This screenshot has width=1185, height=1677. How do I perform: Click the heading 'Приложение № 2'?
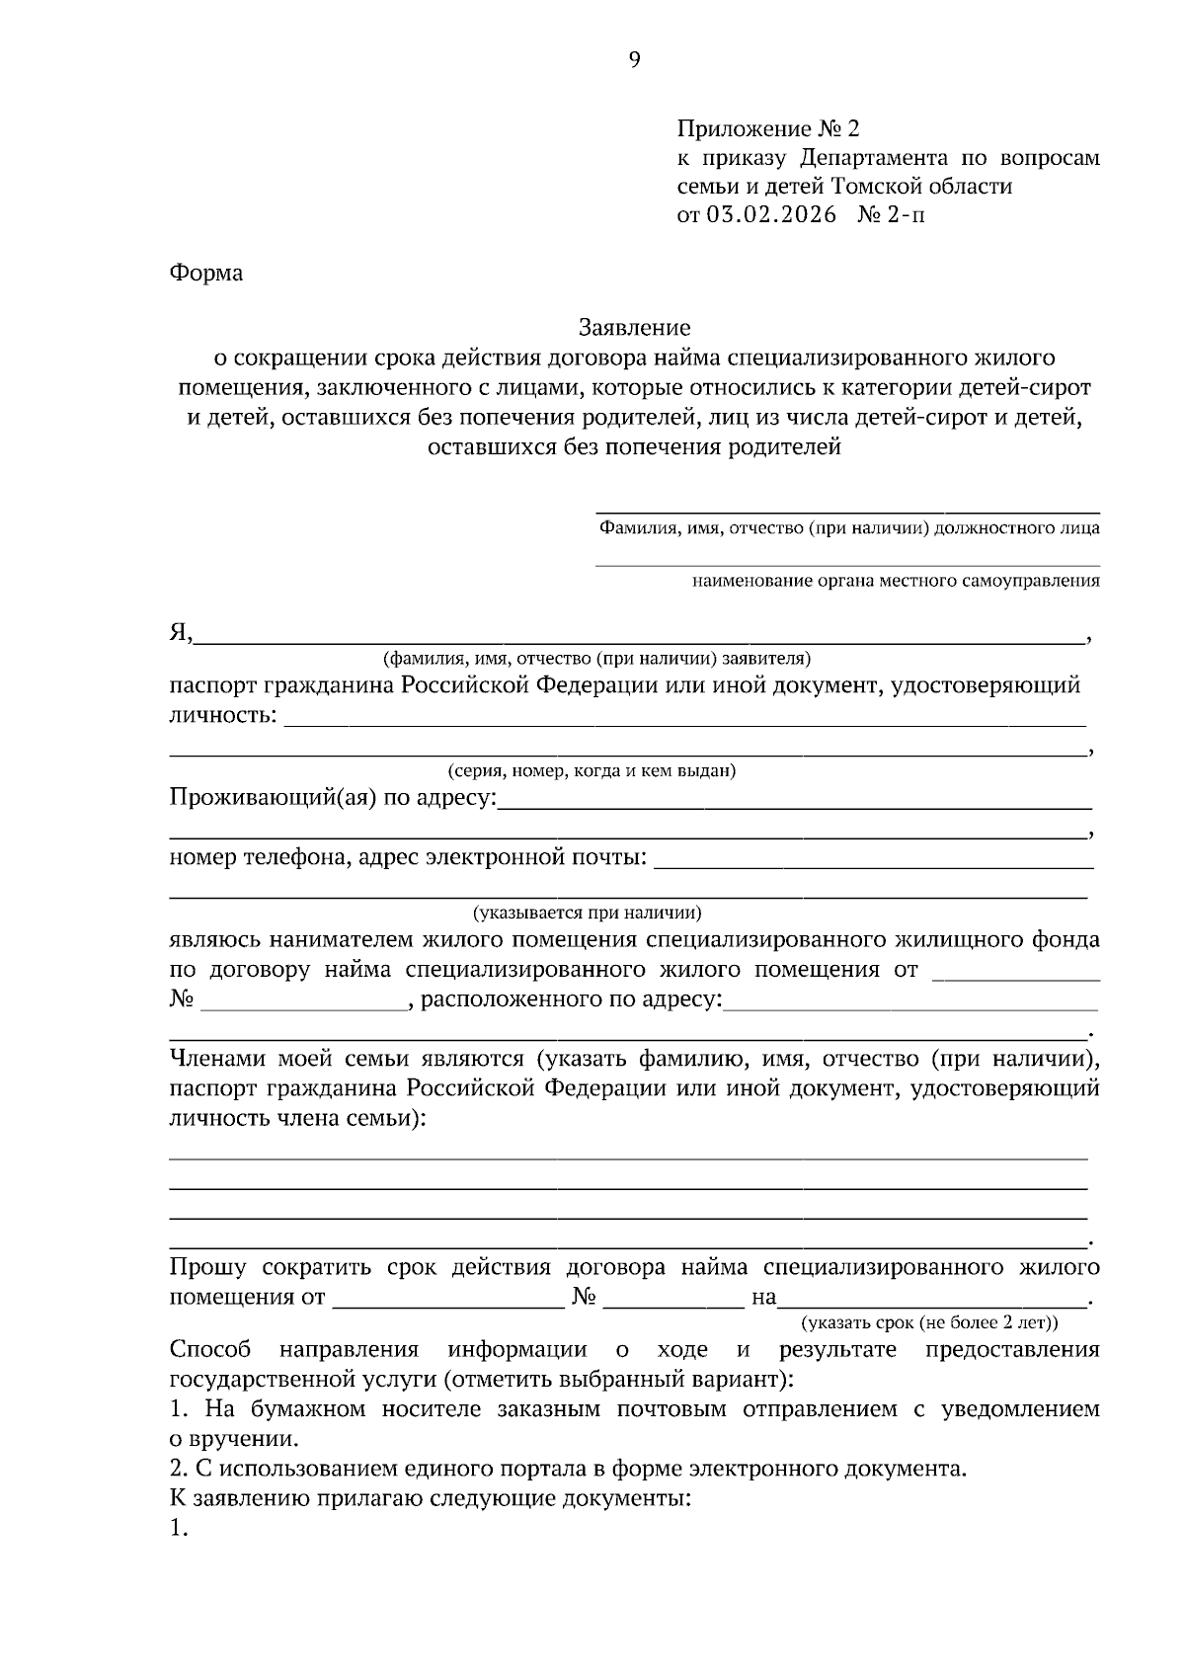tap(768, 129)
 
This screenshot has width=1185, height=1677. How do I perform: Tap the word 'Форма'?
tap(205, 274)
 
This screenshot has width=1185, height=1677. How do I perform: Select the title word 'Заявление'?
tap(634, 327)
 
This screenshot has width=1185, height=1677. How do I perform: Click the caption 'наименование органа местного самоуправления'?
tap(896, 581)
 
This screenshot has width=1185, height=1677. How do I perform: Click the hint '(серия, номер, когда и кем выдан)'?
tap(591, 770)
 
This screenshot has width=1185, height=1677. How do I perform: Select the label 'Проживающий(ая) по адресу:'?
tap(333, 797)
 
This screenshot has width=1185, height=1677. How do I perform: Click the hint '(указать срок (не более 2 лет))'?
tap(929, 1321)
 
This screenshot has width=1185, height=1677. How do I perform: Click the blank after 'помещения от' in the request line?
tap(447, 1298)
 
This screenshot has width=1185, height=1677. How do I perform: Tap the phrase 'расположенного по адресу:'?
tap(572, 999)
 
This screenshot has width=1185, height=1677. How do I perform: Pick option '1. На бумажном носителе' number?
tap(177, 1409)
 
